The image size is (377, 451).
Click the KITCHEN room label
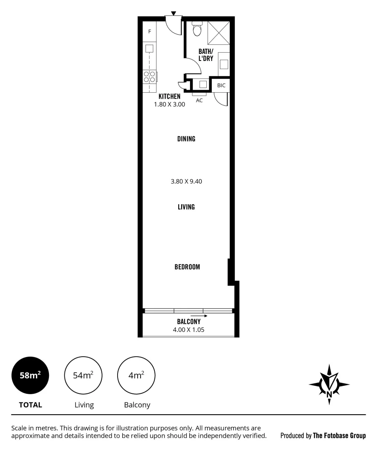(169, 96)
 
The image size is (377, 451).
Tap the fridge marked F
(149, 31)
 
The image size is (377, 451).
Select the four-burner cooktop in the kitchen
(149, 76)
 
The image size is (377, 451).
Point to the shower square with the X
(218, 32)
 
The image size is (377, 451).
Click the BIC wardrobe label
(221, 85)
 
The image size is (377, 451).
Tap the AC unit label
(200, 100)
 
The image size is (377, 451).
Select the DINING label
(186, 139)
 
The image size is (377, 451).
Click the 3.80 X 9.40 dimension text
(186, 181)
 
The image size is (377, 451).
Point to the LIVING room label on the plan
(186, 207)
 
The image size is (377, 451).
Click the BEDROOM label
(187, 267)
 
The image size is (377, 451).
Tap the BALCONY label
(189, 322)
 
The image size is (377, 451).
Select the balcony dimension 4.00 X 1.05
(189, 329)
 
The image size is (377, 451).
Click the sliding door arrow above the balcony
(199, 316)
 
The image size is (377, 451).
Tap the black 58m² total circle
(30, 375)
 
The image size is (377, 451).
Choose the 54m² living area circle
(83, 375)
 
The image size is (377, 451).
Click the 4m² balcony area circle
(136, 375)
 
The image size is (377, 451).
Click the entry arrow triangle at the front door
(174, 13)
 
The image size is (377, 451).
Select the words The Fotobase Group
(339, 436)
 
